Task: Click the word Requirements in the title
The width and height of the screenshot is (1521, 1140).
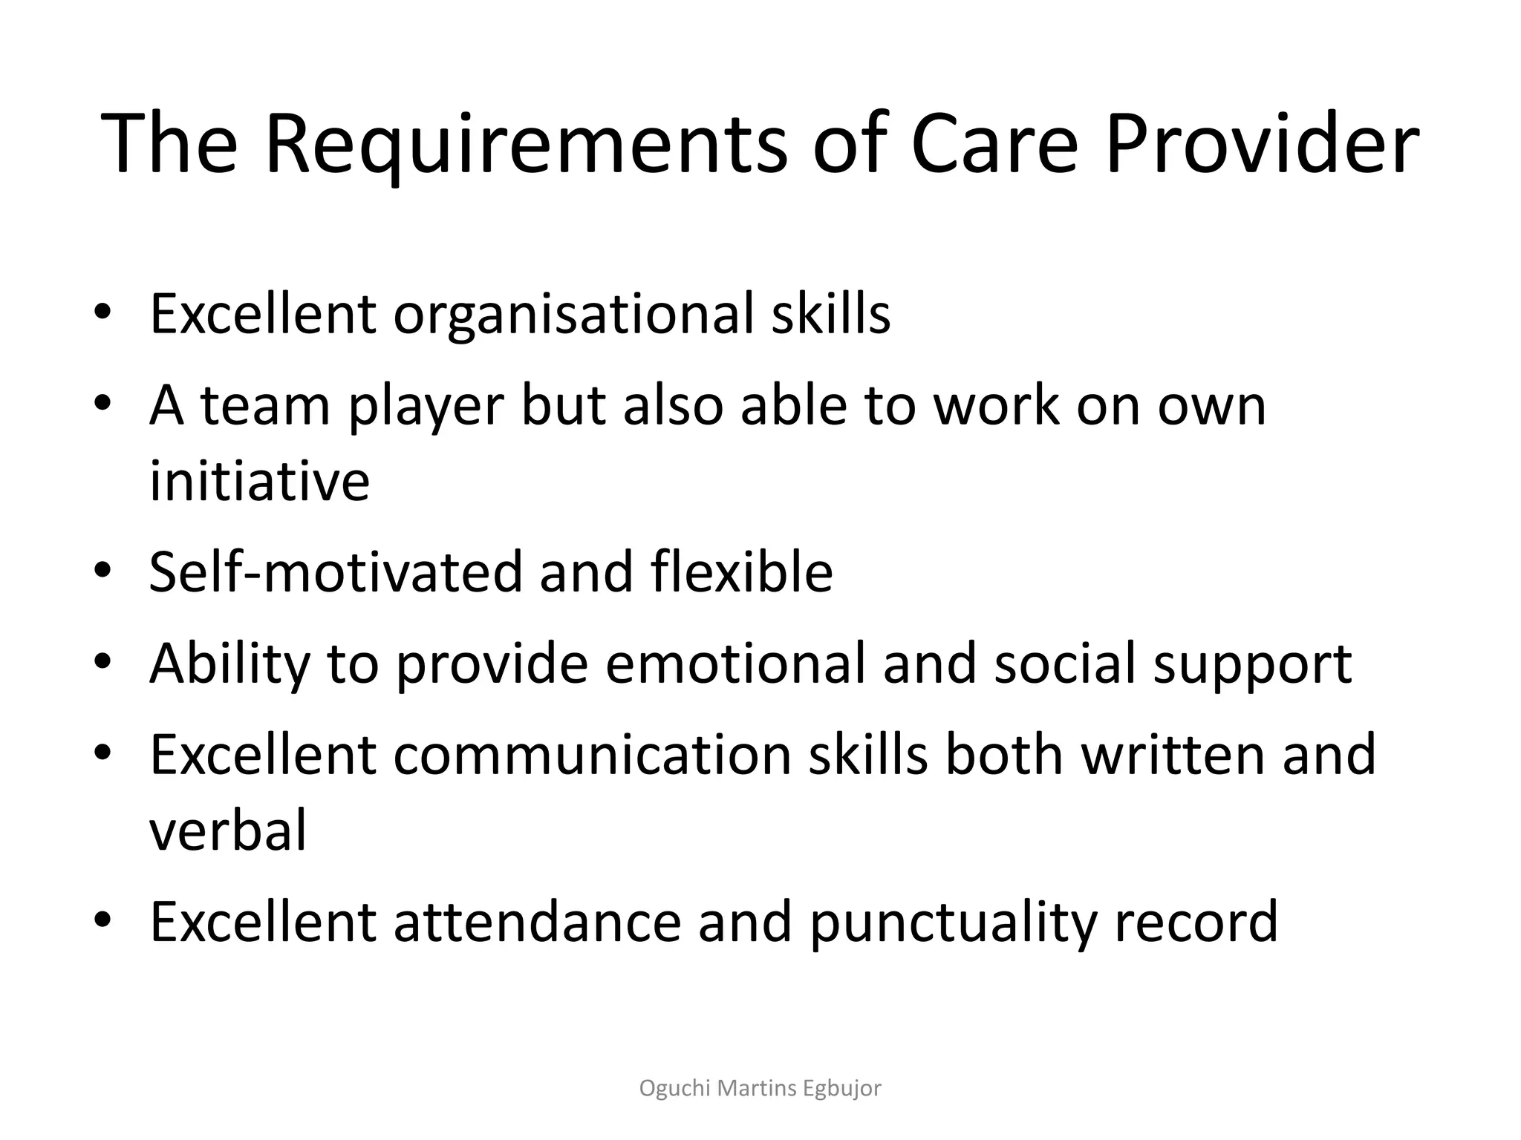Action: [x=525, y=145]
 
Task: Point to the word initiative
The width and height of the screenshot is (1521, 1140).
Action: [x=259, y=480]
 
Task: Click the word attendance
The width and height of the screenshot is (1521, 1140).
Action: [x=536, y=921]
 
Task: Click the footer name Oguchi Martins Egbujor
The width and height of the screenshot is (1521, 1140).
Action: [x=760, y=1088]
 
